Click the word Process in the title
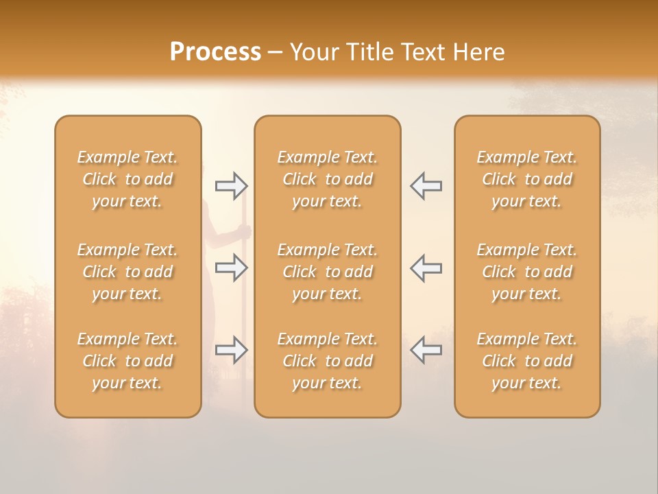215,52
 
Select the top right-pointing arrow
231,185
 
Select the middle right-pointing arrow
231,268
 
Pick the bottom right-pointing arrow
231,350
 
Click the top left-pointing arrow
426,185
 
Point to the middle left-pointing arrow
426,268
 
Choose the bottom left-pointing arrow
426,350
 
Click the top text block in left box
127,179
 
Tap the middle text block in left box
127,272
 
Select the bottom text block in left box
127,361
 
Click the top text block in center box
327,179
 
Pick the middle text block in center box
327,272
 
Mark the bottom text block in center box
327,361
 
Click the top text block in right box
526,179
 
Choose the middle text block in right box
526,272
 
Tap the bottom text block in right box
526,361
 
